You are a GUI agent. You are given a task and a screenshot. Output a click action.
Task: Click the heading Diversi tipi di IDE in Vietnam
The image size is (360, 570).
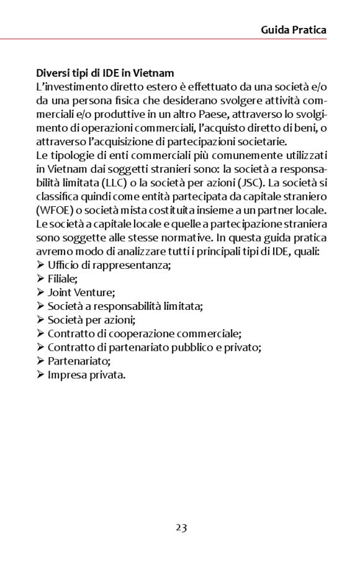tap(105, 73)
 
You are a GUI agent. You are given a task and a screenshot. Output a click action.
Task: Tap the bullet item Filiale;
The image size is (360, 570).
tap(63, 279)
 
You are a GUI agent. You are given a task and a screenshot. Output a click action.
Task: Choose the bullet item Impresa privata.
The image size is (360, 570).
tap(86, 374)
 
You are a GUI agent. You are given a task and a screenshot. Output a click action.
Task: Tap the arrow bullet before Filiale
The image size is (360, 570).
tap(40, 279)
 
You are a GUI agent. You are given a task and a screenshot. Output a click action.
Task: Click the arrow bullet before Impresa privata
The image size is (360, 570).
tap(40, 374)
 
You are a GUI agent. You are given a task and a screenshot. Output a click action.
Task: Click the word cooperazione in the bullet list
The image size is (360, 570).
tap(130, 333)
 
